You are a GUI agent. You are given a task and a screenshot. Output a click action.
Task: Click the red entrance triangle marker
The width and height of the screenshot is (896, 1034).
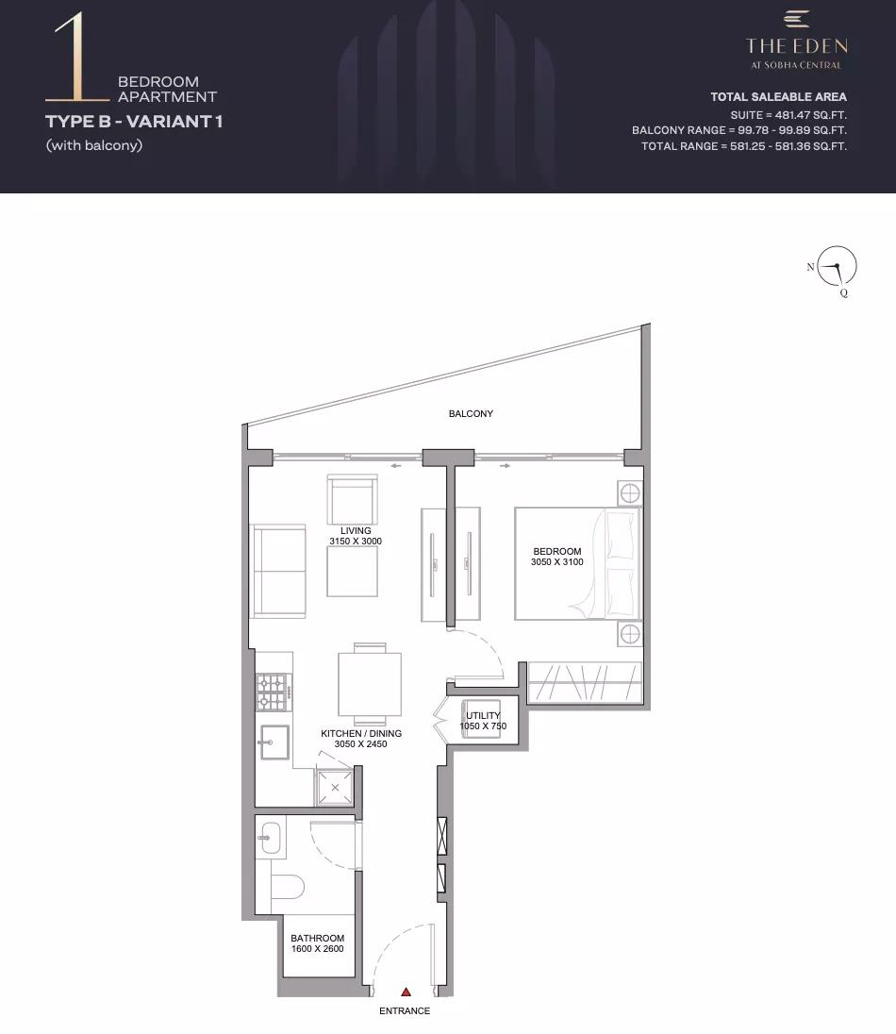point(407,992)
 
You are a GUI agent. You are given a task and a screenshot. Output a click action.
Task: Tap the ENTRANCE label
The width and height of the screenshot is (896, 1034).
point(405,1010)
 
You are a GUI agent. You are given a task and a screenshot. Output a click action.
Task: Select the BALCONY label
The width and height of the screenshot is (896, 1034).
point(471,413)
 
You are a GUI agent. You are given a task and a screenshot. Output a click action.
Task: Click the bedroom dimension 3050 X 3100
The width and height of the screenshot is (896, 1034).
point(557,562)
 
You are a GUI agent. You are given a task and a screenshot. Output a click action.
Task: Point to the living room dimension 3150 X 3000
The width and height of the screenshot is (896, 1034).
point(356,541)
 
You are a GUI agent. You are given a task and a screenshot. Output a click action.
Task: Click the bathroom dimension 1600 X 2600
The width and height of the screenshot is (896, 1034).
point(317,948)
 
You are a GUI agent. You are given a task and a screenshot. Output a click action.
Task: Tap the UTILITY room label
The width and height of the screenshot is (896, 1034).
point(483,715)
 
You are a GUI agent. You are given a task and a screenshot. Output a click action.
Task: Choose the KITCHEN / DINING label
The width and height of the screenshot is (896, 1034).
point(360,733)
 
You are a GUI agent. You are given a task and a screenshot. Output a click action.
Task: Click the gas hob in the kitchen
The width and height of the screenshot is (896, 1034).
point(274,692)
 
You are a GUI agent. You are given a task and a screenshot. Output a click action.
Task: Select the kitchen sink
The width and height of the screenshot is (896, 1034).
point(274,742)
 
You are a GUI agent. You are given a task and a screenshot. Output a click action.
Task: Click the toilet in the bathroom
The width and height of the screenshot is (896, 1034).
point(288,887)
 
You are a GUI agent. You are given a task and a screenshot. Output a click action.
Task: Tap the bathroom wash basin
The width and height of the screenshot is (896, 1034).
point(271,838)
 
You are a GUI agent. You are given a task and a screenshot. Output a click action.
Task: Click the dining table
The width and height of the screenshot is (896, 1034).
point(370,684)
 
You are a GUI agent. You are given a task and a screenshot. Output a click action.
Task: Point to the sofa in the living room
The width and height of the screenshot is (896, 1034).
point(277,571)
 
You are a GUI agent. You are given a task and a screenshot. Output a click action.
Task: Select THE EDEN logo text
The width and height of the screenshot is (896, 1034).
point(796,45)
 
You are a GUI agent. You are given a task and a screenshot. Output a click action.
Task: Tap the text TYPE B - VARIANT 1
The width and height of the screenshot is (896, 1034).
point(134,122)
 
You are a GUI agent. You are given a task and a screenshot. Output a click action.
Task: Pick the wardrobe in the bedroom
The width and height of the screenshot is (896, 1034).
point(585,682)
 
